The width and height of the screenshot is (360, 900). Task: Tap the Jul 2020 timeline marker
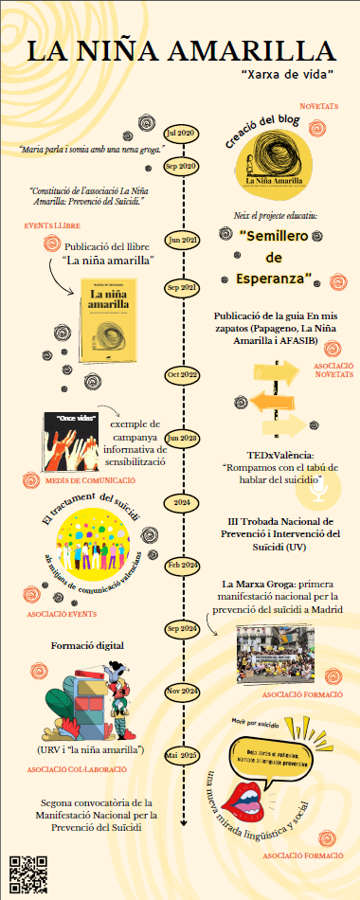click(180, 133)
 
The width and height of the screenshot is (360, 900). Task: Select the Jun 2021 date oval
click(180, 239)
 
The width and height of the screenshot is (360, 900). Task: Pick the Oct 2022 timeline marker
click(180, 375)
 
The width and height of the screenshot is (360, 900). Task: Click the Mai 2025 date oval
click(180, 729)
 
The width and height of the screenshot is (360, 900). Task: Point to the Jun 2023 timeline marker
click(180, 439)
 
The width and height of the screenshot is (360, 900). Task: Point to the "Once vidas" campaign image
click(74, 442)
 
